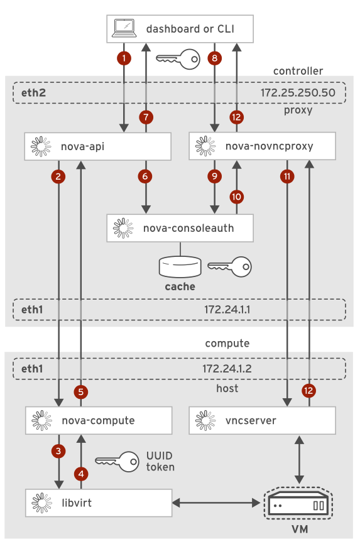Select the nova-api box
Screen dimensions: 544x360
pyautogui.click(x=99, y=147)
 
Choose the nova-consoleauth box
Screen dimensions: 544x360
pyautogui.click(x=180, y=228)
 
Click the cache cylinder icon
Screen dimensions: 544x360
pyautogui.click(x=180, y=266)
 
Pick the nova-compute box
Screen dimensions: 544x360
pyautogui.click(x=99, y=420)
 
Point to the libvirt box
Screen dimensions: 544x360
pyautogui.click(x=99, y=503)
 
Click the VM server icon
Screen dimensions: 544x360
pyautogui.click(x=295, y=504)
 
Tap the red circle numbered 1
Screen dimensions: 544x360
pyautogui.click(x=124, y=58)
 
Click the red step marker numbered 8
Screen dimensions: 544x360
pyautogui.click(x=215, y=58)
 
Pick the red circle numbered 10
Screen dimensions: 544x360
pyautogui.click(x=236, y=197)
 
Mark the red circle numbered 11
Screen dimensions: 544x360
pyautogui.click(x=287, y=177)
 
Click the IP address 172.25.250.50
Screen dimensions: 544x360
pyautogui.click(x=302, y=93)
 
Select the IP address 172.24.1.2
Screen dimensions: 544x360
pyautogui.click(x=228, y=369)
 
